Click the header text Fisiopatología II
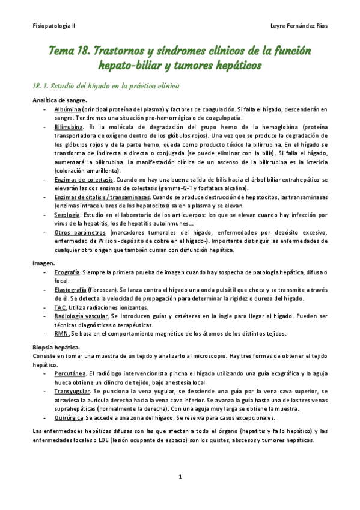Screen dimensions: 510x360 pos(53,26)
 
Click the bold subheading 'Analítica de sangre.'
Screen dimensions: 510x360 pos(59,100)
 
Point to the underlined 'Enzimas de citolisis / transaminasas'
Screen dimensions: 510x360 pos(102,197)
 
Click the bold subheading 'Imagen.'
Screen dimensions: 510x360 pos(43,263)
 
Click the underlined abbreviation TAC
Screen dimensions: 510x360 pos(59,307)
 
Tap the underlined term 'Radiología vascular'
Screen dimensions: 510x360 pos(81,316)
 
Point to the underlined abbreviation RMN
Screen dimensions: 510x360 pos(61,334)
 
